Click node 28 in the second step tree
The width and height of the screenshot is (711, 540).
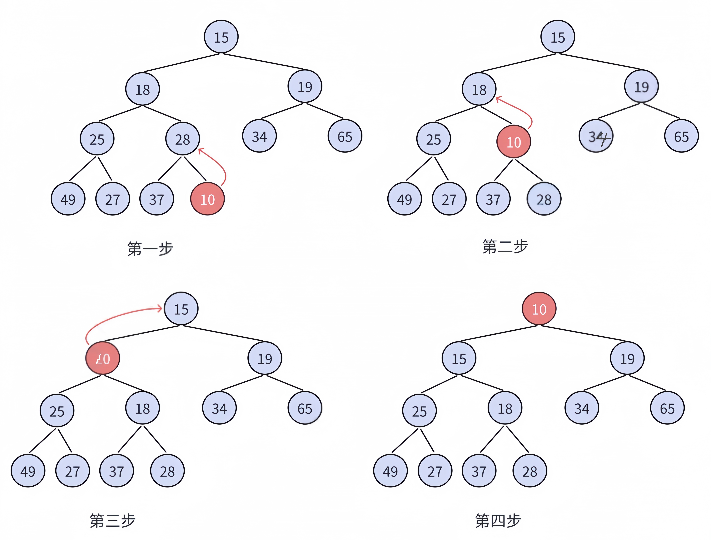tap(544, 199)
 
